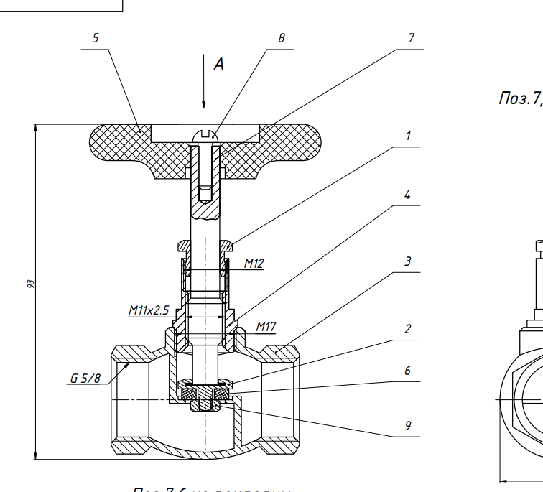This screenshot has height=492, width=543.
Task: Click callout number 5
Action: coord(96,39)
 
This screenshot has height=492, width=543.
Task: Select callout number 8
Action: coord(282,39)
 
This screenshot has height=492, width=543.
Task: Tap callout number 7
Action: coord(411,39)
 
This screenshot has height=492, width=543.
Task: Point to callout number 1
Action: coord(408,136)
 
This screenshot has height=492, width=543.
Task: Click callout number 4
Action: coord(407,195)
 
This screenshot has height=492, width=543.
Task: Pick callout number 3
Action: coord(408,261)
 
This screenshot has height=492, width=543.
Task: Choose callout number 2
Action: coord(407,330)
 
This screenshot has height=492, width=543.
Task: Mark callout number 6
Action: coord(407,371)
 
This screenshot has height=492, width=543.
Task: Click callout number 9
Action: coord(407,426)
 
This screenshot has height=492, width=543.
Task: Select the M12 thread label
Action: coord(254,264)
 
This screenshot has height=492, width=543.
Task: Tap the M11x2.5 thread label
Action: coord(149,310)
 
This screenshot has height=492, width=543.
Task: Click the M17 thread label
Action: coord(266,328)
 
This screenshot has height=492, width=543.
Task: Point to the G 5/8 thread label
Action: coord(85,378)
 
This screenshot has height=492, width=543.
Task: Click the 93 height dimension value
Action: coord(31,285)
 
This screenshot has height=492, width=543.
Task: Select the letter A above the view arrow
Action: coord(218,64)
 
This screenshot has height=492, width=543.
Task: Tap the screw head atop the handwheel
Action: coord(204,136)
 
